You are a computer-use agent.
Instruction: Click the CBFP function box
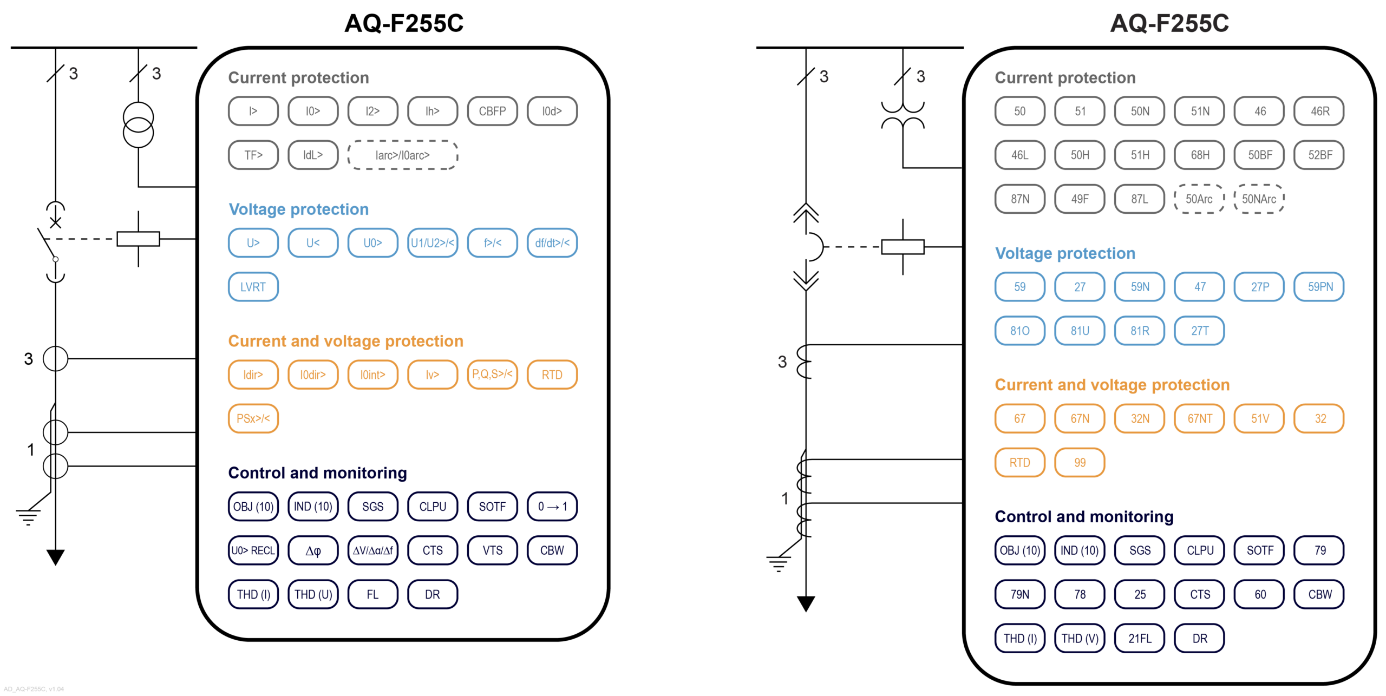tap(492, 111)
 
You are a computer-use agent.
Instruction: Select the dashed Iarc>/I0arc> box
tap(402, 155)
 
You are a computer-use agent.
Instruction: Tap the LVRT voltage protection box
tap(253, 287)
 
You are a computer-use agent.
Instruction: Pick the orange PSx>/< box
tap(253, 418)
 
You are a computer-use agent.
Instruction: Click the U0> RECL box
tap(253, 550)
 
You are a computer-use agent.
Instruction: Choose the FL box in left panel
tap(372, 594)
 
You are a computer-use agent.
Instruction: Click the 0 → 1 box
tap(552, 507)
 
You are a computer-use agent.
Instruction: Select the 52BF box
tap(1319, 155)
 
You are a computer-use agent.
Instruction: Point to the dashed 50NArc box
tap(1259, 199)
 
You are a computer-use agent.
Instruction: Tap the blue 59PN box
tap(1319, 287)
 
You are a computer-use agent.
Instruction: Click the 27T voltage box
tap(1199, 331)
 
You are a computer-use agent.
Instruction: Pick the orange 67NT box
tap(1199, 418)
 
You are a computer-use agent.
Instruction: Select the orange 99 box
tap(1080, 463)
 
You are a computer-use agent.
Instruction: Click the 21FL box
tap(1139, 638)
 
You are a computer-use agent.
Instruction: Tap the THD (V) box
tap(1080, 638)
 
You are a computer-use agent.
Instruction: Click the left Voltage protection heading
tap(298, 209)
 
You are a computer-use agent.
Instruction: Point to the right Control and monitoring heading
tap(1084, 516)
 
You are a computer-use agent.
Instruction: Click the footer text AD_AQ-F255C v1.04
tap(34, 689)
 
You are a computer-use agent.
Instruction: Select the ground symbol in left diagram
tap(28, 516)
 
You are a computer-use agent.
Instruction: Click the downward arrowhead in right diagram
tap(806, 603)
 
